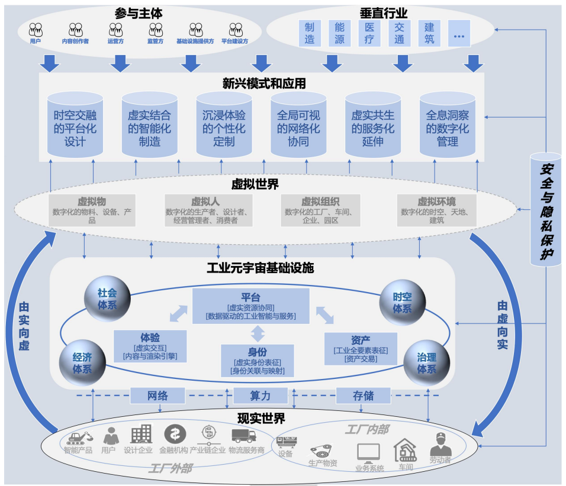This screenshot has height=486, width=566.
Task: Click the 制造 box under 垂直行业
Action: coord(310,33)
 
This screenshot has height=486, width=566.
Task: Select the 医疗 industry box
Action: coord(369,33)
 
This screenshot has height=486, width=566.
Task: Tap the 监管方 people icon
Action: coord(156,30)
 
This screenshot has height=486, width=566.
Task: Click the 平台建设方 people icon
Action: coord(235,30)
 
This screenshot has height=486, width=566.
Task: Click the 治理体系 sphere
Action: coord(426,362)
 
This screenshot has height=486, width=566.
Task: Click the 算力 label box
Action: coord(261,396)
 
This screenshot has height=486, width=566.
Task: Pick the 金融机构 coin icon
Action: coord(175,435)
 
